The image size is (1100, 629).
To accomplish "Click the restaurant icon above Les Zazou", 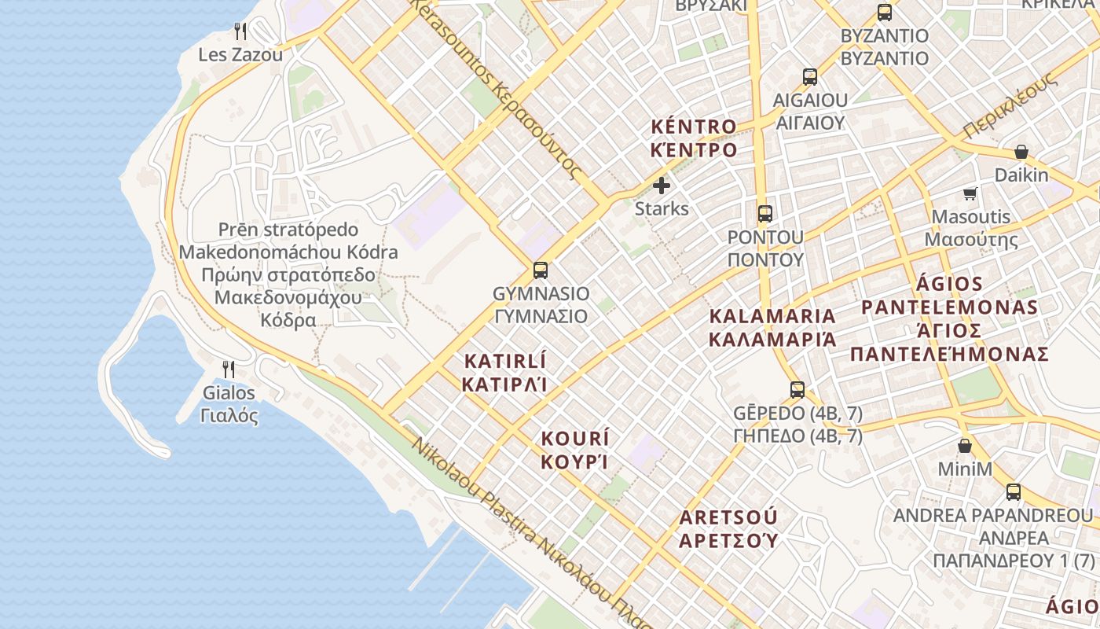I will (240, 31).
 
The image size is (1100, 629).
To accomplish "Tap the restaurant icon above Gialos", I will (229, 369).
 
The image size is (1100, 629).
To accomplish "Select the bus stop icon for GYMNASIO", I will (541, 270).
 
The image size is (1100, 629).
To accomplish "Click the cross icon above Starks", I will (662, 186).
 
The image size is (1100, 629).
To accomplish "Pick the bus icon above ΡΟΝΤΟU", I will (764, 213).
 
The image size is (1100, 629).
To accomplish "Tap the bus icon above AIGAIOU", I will (810, 77).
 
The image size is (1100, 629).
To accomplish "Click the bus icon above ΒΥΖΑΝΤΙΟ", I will (885, 13).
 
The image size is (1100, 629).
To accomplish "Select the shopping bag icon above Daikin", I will (1021, 152).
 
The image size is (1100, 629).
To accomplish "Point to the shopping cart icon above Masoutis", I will (970, 193).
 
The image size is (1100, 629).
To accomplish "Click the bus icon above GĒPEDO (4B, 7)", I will (797, 389).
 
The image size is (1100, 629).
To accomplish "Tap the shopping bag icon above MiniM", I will (965, 446).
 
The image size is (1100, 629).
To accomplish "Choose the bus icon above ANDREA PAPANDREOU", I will (1014, 492).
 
